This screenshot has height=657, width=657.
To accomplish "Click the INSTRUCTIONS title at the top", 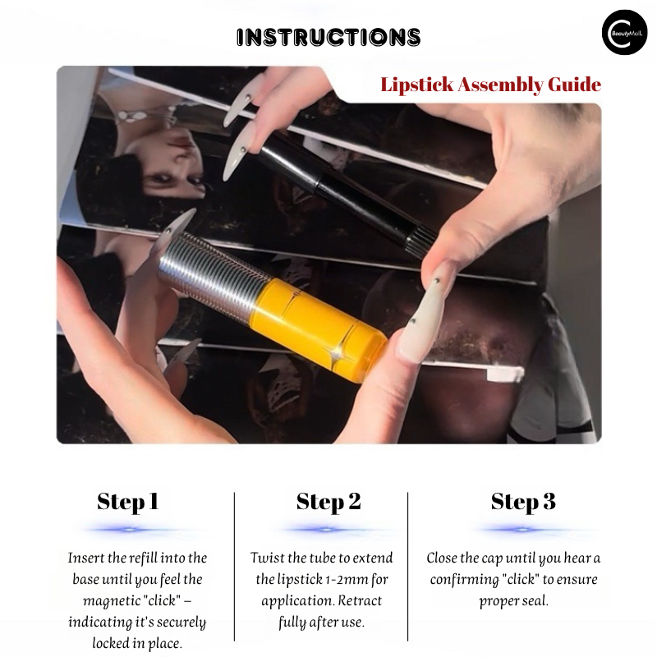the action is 328,37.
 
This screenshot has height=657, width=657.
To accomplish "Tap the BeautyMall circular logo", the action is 624,33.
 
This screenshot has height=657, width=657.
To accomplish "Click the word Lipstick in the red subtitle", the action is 416,85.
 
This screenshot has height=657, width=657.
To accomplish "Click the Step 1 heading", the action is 128,502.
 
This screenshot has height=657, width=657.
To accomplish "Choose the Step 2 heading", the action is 328,502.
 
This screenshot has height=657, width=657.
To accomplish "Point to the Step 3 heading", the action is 523,502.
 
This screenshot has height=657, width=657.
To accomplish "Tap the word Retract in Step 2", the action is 360,601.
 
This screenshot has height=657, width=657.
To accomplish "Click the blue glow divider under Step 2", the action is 326,530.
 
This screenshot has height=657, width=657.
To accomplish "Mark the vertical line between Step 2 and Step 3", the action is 407,567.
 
